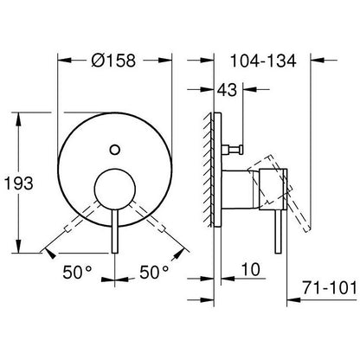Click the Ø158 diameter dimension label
pyautogui.click(x=113, y=61)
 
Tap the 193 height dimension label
pyautogui.click(x=19, y=183)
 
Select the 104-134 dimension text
pyautogui.click(x=263, y=61)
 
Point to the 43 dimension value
pyautogui.click(x=227, y=90)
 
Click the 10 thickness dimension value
pyautogui.click(x=250, y=269)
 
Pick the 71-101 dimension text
pyautogui.click(x=330, y=288)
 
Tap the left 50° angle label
pyautogui.click(x=77, y=272)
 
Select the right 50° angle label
pyautogui.click(x=154, y=272)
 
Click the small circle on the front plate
pyautogui.click(x=115, y=150)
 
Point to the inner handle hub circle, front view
pyautogui.click(x=115, y=189)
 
